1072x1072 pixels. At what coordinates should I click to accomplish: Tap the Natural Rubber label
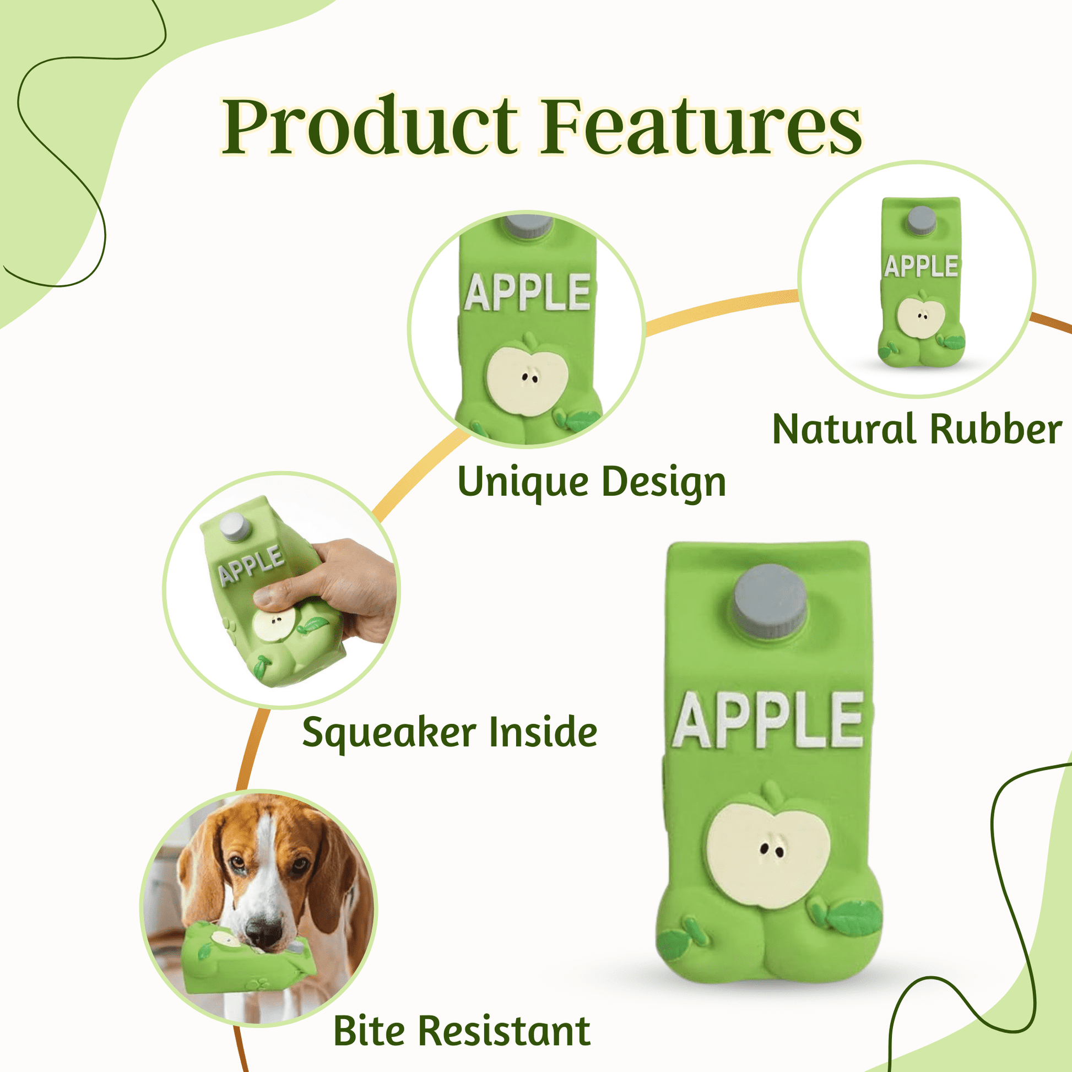(x=917, y=429)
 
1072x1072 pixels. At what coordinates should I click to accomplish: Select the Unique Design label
(x=592, y=482)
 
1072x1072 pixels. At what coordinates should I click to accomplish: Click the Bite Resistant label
(x=462, y=1031)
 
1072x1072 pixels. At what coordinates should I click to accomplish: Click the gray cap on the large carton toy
(x=770, y=601)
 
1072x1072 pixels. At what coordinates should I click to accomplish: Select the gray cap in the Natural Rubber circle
(x=921, y=220)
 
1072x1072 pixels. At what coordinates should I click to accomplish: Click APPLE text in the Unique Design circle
(x=528, y=292)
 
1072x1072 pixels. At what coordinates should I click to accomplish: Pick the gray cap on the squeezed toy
(x=234, y=527)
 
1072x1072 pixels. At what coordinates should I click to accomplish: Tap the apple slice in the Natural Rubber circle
(x=921, y=316)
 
